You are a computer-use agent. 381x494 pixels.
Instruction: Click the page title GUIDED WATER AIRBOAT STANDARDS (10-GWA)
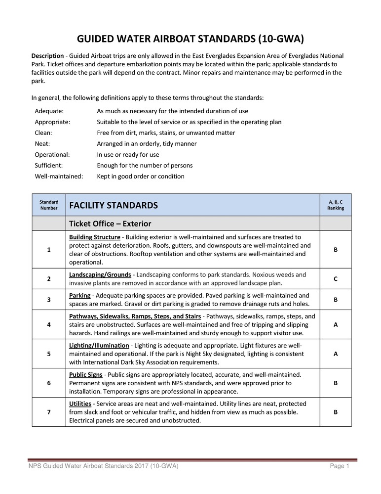tap(190, 39)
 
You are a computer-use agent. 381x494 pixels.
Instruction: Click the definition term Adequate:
tap(49, 111)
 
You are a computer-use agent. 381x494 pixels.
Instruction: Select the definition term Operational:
tap(52, 155)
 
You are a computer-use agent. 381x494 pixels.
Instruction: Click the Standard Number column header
tap(49, 205)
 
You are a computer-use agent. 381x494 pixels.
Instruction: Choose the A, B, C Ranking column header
tap(336, 205)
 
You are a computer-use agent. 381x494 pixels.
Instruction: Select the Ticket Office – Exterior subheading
tap(110, 224)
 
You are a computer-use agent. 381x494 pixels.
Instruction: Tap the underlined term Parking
tap(79, 295)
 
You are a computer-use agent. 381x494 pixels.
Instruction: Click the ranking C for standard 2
tap(336, 279)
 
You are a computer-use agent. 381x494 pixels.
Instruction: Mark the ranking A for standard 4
tap(336, 324)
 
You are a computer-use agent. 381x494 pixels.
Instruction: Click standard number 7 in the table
tap(49, 412)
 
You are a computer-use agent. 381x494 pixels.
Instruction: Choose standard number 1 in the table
tap(49, 250)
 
